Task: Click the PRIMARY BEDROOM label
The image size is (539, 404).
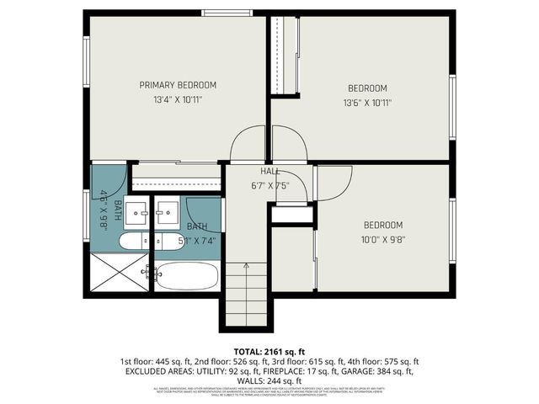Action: [x=178, y=85]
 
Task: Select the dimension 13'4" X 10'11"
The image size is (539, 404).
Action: [x=178, y=100]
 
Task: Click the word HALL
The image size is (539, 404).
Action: [x=269, y=172]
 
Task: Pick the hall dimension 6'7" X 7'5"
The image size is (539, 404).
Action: [x=269, y=185]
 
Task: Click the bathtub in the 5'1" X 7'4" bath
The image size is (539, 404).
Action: [x=187, y=275]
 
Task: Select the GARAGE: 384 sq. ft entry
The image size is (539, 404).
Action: [x=375, y=370]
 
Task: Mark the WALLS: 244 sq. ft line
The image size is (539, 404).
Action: [x=269, y=380]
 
